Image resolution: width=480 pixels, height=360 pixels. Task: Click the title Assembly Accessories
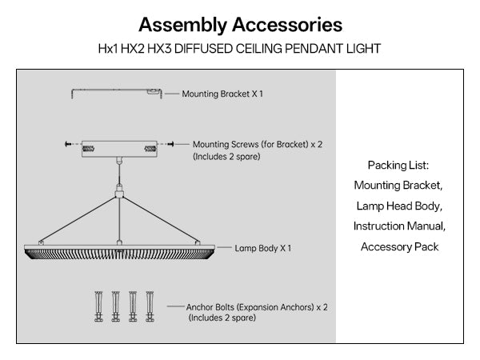point(240,23)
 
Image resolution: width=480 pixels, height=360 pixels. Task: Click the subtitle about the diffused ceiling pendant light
point(240,48)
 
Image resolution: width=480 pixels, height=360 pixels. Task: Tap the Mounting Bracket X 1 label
point(222,94)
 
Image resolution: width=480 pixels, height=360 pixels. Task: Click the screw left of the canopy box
point(67,144)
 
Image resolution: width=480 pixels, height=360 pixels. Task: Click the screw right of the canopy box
point(167,144)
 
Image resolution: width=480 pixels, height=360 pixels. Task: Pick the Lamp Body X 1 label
point(262,248)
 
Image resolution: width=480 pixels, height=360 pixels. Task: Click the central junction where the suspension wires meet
point(118,193)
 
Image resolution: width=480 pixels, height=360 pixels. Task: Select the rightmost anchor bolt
point(149,305)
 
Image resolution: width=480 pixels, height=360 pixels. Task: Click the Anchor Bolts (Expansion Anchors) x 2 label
point(257,306)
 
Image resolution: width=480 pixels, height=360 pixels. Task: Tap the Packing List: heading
point(399,165)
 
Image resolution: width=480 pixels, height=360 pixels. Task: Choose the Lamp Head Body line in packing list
point(399,206)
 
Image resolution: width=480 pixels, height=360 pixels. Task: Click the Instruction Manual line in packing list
point(399,226)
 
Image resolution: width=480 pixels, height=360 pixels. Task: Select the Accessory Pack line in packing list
point(399,247)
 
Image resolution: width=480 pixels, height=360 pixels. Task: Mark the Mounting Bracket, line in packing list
point(399,185)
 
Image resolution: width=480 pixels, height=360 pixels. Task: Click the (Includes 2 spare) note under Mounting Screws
point(226,157)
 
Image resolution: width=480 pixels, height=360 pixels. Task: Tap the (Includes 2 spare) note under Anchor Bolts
point(222,318)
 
